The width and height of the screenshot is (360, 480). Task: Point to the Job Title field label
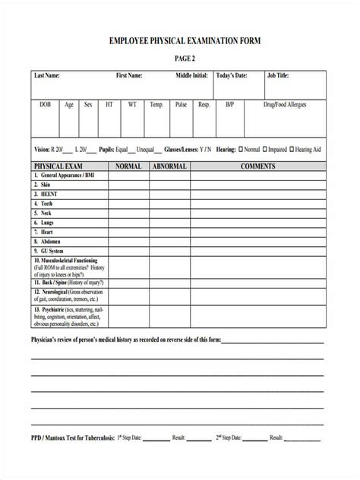point(279,76)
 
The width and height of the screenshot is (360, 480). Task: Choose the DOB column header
point(46,105)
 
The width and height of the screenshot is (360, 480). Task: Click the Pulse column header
point(181,105)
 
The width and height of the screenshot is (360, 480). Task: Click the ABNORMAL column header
point(171,165)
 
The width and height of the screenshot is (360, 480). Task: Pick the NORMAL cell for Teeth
point(128,204)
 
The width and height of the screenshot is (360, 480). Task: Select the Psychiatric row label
point(53,310)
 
